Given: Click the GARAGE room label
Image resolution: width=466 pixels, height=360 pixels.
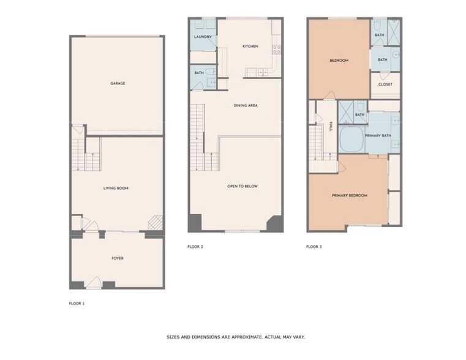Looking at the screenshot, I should [118, 83].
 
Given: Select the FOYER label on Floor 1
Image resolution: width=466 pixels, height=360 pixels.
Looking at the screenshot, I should [117, 258].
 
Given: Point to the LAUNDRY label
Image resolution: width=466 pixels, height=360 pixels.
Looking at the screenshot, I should [203, 37].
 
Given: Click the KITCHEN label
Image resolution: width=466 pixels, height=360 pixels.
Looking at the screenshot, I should [250, 47].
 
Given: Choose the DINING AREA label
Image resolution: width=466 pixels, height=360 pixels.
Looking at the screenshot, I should [246, 105].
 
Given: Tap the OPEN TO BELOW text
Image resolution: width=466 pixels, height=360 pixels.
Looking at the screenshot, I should [242, 186].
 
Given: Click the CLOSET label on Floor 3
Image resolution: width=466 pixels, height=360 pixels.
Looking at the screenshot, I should [385, 84].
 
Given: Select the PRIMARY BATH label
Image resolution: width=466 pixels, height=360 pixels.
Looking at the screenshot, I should [378, 135].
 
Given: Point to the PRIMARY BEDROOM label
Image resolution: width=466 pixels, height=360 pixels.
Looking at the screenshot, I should [350, 195].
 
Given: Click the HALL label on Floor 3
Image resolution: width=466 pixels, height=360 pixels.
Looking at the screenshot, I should [331, 127].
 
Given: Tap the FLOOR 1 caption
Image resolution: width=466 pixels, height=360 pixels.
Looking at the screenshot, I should [77, 303].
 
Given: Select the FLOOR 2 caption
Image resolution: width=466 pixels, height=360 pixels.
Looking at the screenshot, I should [195, 247].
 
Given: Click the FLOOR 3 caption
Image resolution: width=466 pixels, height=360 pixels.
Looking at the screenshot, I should [314, 247].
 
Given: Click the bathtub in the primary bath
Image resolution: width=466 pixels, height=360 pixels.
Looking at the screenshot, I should [352, 140].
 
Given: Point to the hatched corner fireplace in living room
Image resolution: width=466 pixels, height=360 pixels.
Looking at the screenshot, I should [156, 222].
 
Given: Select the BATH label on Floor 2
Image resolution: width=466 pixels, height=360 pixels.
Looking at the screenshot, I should [199, 73].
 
